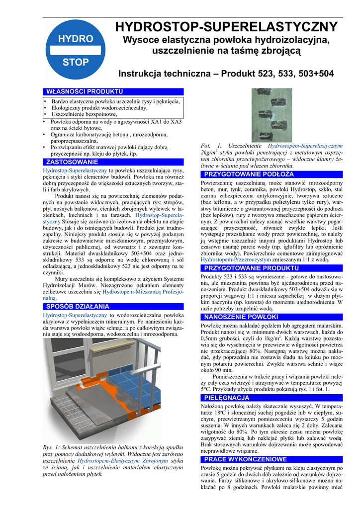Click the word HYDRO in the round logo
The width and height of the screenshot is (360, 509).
(76, 39)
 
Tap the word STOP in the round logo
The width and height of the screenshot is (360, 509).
(76, 62)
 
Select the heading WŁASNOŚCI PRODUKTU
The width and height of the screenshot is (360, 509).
(84, 92)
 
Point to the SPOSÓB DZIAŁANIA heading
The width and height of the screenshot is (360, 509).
(77, 306)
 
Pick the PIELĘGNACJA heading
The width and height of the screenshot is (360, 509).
(227, 398)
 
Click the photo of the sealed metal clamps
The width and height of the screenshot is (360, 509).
(271, 115)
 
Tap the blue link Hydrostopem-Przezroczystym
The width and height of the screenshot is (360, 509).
(230, 259)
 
